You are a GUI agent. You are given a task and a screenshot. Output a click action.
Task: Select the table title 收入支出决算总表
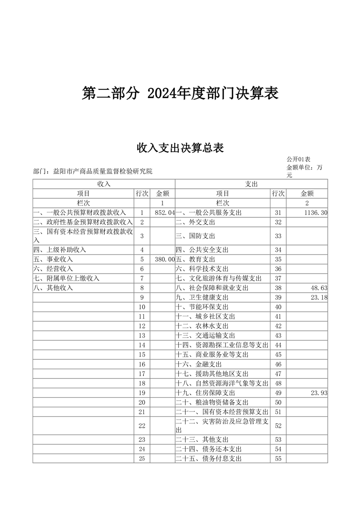point(180,148)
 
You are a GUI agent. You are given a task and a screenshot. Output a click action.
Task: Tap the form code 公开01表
point(298,160)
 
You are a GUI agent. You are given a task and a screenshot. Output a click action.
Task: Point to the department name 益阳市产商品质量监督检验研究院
point(103,171)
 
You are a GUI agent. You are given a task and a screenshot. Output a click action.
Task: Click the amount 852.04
point(164,212)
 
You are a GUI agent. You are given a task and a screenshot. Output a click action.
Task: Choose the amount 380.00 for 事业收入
point(164,259)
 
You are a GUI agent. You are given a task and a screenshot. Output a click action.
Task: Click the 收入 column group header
point(104,184)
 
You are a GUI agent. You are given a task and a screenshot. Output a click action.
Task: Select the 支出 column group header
point(251,184)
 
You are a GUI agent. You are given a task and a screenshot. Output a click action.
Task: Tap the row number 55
point(278,459)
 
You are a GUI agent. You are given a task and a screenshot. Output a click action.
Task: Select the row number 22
point(142,426)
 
